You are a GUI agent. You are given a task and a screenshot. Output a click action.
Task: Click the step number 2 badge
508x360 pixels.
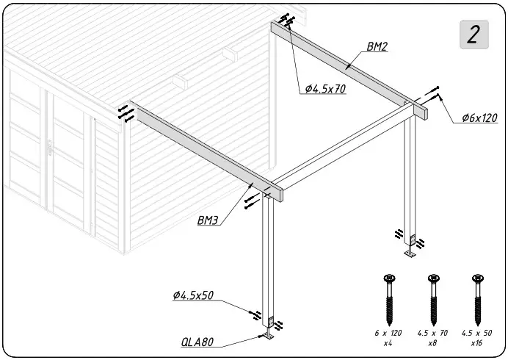point(474,35)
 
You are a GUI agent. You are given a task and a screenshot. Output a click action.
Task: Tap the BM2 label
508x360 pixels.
point(377,46)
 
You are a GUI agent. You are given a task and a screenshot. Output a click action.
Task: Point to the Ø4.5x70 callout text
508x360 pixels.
point(325,89)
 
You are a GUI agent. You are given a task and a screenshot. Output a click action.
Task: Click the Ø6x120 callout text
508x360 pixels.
point(479,118)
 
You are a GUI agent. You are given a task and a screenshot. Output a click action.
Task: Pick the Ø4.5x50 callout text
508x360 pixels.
point(193,295)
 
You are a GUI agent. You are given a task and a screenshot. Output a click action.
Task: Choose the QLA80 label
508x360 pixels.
point(197,342)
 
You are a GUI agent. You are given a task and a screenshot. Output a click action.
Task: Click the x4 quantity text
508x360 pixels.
point(388,343)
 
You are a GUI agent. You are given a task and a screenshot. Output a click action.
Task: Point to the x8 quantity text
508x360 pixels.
point(433,343)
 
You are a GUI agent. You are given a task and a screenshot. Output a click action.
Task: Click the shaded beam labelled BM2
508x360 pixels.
point(345,66)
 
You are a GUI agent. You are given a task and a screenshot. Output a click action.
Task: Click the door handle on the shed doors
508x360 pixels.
point(49,149)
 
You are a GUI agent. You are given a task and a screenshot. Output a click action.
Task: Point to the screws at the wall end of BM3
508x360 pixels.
point(126,114)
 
